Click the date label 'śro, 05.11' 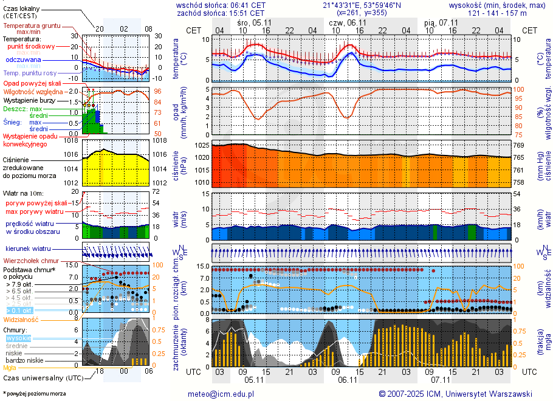pos(255,22)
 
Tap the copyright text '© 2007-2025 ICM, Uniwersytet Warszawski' pos(455,394)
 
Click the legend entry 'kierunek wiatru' pos(28,249)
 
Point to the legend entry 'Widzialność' pos(21,319)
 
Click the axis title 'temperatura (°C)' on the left pos(176,59)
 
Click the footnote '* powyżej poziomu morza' pos(35,394)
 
